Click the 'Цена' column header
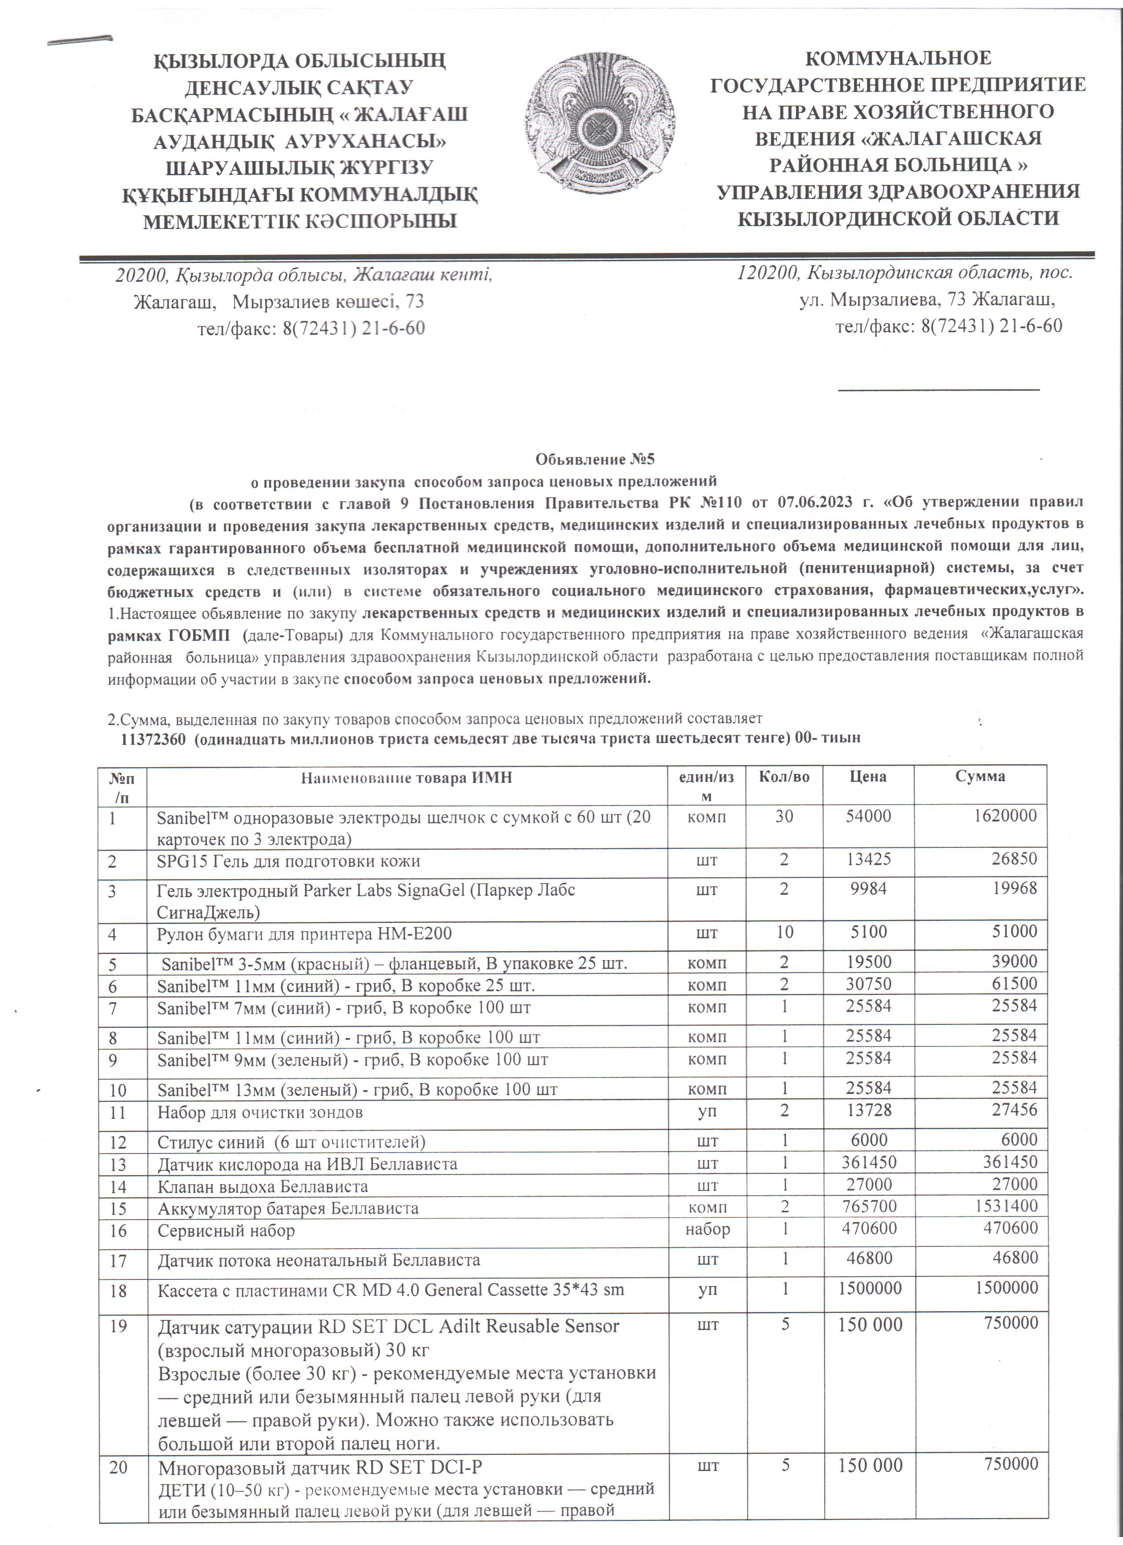tap(868, 776)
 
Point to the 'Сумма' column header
tap(980, 776)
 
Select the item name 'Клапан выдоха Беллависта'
tap(263, 1186)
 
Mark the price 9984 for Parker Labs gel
tap(868, 888)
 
